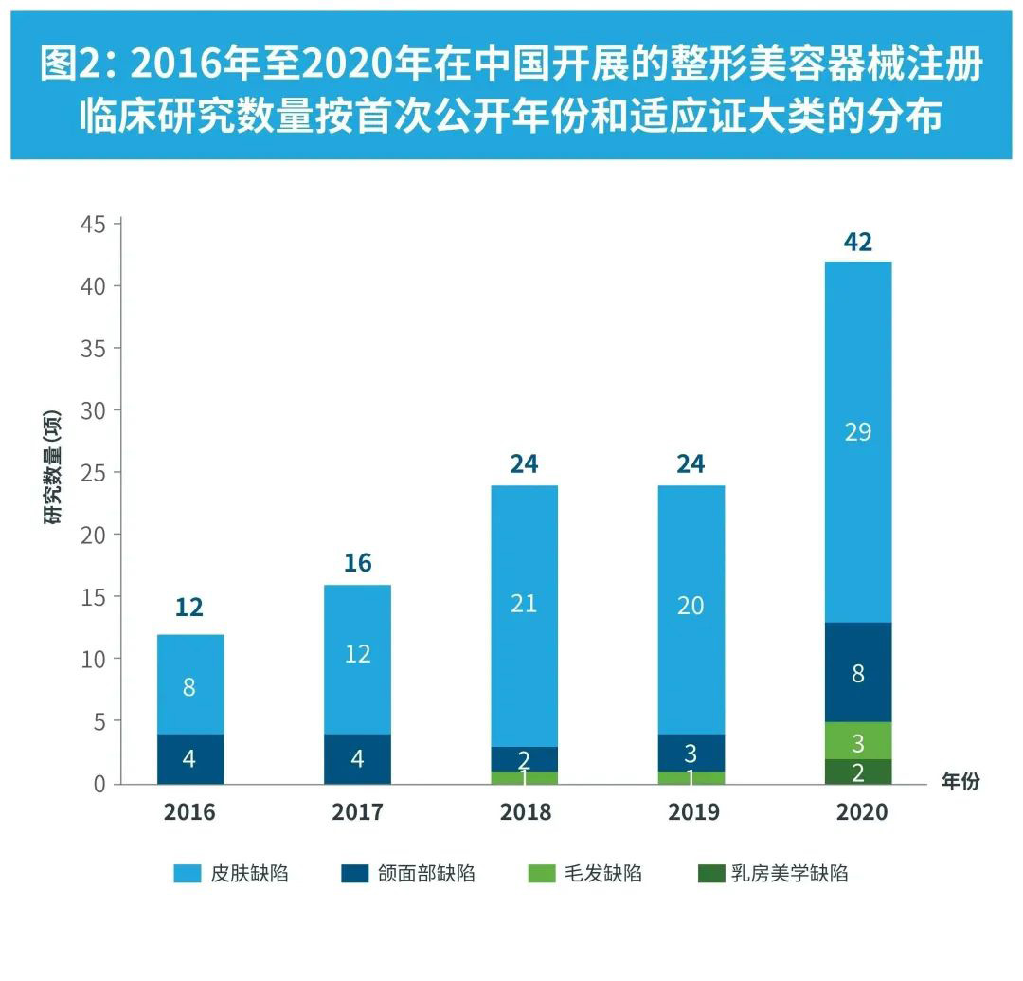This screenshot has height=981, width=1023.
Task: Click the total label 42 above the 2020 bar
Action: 857,243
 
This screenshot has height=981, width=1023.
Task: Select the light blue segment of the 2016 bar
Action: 189,685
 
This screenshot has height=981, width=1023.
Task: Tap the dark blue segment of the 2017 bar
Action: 357,758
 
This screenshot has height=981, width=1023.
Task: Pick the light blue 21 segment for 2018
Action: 524,616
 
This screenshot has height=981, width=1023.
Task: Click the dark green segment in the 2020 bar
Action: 857,772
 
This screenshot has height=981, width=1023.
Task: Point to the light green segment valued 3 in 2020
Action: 857,740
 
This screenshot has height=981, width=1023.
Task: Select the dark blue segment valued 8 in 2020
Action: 857,672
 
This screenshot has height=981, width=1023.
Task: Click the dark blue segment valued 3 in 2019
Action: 691,753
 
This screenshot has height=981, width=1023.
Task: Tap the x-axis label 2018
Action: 524,812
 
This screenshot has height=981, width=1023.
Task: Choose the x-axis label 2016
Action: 189,812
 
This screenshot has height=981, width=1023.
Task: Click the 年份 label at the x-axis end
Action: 960,782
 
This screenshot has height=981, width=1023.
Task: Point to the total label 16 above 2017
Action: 357,563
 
